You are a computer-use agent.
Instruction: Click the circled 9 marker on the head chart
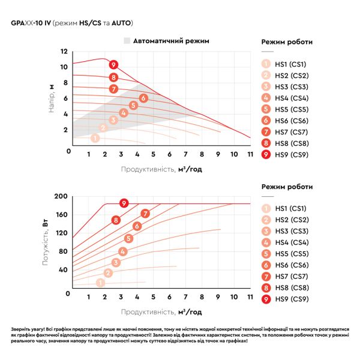pos(113,65)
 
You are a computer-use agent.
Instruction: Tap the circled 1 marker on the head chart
pos(95,138)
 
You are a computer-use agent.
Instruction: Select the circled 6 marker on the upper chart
pos(143,98)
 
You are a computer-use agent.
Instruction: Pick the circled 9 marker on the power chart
pos(124,203)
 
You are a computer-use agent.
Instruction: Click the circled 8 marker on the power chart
pos(116,220)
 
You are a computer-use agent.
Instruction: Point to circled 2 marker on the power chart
pos(108,273)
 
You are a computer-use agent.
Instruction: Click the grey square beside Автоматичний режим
pos(127,41)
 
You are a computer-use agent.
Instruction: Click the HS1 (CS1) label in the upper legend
pos(290,64)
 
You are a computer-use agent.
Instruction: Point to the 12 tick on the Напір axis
pos(64,51)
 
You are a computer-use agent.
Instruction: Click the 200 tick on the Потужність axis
pos(61,196)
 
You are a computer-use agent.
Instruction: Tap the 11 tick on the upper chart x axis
pos(250,154)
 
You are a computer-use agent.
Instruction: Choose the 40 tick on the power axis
pos(63,269)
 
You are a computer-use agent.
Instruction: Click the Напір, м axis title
pos(52,98)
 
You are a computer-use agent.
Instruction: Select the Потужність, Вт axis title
pos(46,242)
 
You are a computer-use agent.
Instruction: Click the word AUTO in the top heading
pos(121,23)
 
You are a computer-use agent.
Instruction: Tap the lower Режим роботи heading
pos(287,187)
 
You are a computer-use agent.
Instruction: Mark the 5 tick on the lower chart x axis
pos(153,297)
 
